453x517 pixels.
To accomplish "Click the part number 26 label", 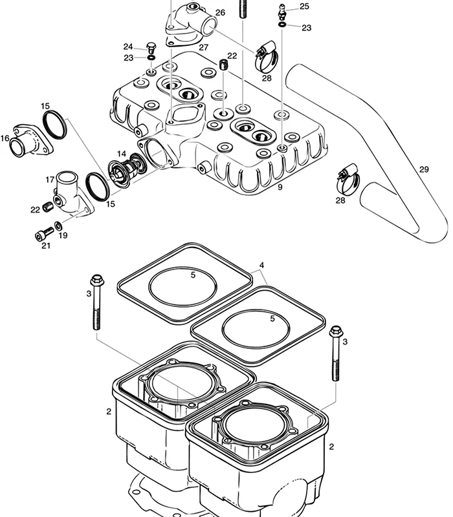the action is coord(220,12).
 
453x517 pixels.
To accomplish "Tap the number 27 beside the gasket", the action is coord(204,47).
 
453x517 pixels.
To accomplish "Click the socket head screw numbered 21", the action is coord(44,233).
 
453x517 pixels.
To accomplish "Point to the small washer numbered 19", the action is coord(58,226).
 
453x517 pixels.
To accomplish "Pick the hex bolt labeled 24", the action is coord(151,48).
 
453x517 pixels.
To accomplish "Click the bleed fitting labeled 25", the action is coord(282,12).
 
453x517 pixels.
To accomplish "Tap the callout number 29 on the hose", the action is coord(424,169).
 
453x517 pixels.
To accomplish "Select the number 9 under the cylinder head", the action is coord(280,187).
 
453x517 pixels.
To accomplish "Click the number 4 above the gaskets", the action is coord(262,265).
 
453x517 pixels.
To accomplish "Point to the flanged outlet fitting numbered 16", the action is coord(30,140).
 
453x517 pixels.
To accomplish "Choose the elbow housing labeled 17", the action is coord(73,194).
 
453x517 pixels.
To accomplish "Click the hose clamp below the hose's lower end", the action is coord(348,180).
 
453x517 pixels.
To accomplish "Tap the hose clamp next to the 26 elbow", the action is coord(267,57).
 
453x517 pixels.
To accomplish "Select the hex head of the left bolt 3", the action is coord(96,280).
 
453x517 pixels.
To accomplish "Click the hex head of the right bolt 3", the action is coord(336,332).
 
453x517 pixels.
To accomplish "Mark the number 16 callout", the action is coord(5,138).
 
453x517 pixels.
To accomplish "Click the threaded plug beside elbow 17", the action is coord(48,206).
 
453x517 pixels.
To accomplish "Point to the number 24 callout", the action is coord(128,47).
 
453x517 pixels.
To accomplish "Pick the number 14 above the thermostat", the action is coord(122,154).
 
